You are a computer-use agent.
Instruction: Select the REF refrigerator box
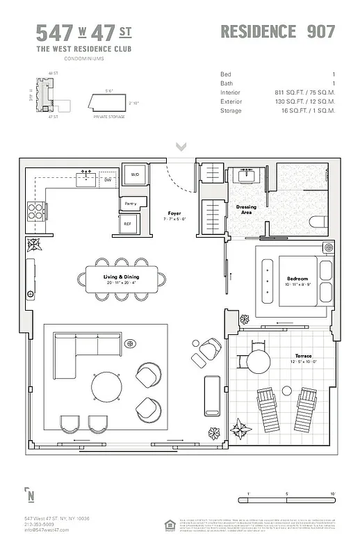(128, 224)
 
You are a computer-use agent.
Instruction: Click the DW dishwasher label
(108, 180)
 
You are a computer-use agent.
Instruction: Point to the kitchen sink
(87, 178)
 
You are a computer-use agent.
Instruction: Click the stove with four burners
(35, 209)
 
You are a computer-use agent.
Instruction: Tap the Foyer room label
(174, 213)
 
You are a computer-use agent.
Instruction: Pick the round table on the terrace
(258, 361)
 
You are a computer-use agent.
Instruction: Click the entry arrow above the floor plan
(181, 147)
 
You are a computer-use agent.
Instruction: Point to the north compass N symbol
(31, 496)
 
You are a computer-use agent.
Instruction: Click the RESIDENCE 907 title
(277, 31)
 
